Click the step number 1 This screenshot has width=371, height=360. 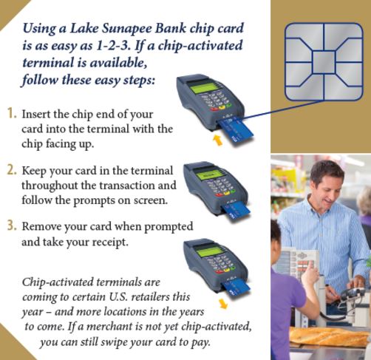point(12,115)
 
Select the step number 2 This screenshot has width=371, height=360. point(12,169)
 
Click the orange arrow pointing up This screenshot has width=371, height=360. point(216,137)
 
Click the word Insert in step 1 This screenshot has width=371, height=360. point(36,115)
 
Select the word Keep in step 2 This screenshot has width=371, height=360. point(35,170)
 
